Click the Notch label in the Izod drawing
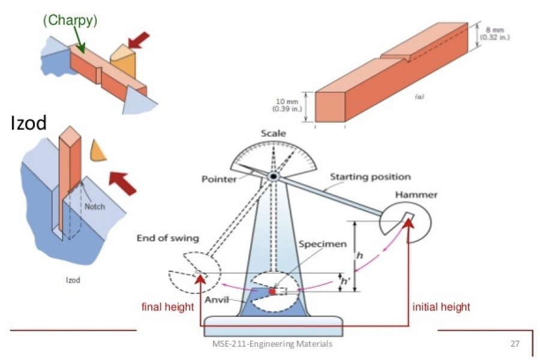[94, 207]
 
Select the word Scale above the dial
[273, 133]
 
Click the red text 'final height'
[167, 307]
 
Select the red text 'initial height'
[441, 307]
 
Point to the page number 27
[514, 344]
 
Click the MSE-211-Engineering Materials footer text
[273, 344]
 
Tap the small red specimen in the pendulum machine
[272, 291]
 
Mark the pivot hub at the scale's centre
[273, 176]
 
